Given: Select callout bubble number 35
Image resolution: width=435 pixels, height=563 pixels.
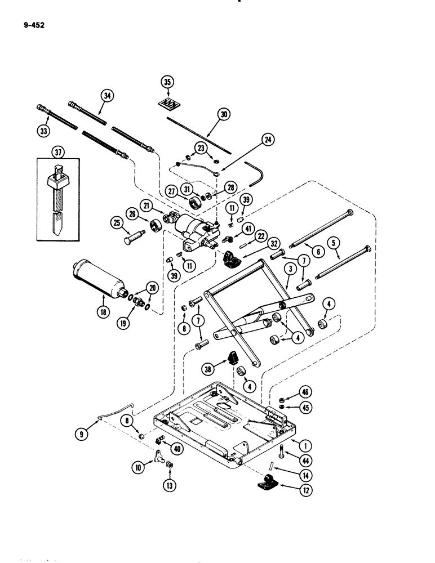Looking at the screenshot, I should pyautogui.click(x=166, y=82).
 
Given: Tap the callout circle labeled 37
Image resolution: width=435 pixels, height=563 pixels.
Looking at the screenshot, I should pyautogui.click(x=57, y=152).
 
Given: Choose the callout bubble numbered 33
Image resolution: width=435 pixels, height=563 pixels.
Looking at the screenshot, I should pyautogui.click(x=43, y=130).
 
